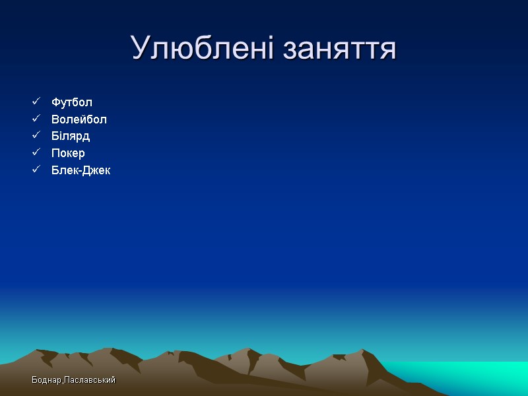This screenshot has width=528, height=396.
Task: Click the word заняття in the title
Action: pos(339,49)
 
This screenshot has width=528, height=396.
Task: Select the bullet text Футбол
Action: pos(72,102)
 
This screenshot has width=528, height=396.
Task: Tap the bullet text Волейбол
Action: pos(79,119)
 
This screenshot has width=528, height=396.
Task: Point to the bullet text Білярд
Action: pos(71,136)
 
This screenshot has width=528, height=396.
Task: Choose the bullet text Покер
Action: pos(68,153)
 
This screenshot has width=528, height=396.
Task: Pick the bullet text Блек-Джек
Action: pos(81,170)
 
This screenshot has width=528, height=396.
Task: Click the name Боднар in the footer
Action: pos(46,381)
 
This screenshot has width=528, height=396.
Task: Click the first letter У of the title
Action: pos(139,49)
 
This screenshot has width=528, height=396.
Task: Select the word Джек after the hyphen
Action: pos(96,170)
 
